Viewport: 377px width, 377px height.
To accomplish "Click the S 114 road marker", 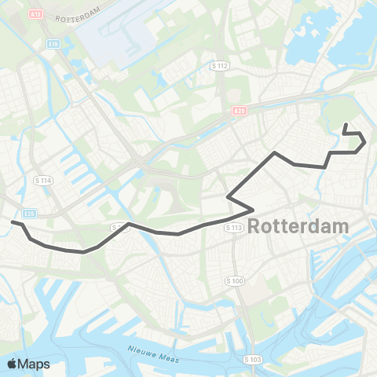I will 42,181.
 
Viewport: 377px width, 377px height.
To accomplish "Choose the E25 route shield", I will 29,212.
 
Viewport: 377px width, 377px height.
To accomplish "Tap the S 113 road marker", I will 233,228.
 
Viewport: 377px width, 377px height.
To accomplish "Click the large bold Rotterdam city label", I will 298,226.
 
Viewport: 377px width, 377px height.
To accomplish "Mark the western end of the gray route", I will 12,222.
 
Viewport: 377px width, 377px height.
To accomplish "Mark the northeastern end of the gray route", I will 345,124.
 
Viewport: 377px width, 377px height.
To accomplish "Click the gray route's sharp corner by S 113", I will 251,210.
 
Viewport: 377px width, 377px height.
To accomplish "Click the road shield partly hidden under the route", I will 118,227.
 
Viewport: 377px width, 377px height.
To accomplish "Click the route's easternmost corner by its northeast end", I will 364,142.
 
